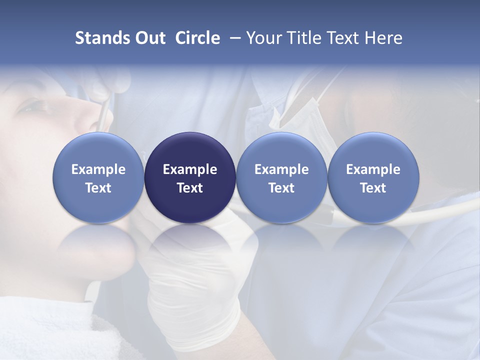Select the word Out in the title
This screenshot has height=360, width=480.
[x=147, y=38]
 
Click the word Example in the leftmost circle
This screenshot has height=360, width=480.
[x=98, y=169]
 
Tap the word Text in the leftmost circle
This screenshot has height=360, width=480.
[x=98, y=188]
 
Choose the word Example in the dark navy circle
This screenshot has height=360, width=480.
[x=190, y=169]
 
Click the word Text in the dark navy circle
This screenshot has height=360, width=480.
[x=190, y=188]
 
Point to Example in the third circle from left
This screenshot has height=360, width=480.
[x=281, y=169]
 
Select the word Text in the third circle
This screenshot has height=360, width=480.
[x=281, y=188]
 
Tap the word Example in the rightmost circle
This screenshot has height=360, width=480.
[x=373, y=169]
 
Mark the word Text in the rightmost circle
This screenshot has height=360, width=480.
[x=373, y=188]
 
